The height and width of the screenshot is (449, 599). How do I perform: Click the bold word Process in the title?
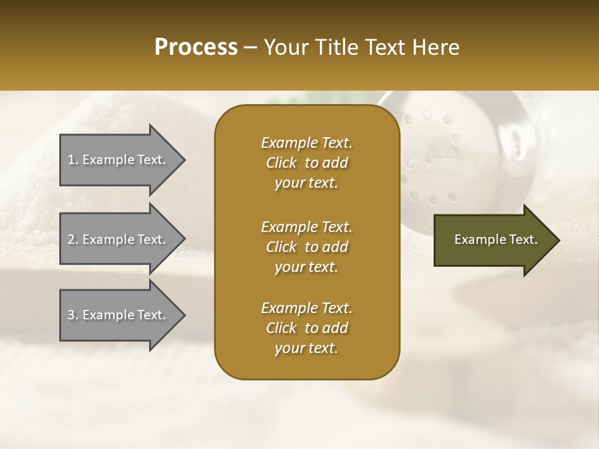click(196, 47)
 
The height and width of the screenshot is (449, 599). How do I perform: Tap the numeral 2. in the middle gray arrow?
click(73, 239)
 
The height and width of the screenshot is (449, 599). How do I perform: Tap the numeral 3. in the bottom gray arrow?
click(73, 315)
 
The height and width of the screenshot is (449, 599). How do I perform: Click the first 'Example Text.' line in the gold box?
click(306, 143)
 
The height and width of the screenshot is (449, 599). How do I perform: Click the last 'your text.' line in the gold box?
click(306, 349)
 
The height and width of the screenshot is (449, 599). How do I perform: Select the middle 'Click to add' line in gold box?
click(306, 247)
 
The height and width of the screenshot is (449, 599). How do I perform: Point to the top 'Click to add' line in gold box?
click(306, 163)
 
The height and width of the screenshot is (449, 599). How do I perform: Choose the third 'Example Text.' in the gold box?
click(306, 308)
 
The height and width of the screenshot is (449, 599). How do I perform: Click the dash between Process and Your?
click(250, 47)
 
